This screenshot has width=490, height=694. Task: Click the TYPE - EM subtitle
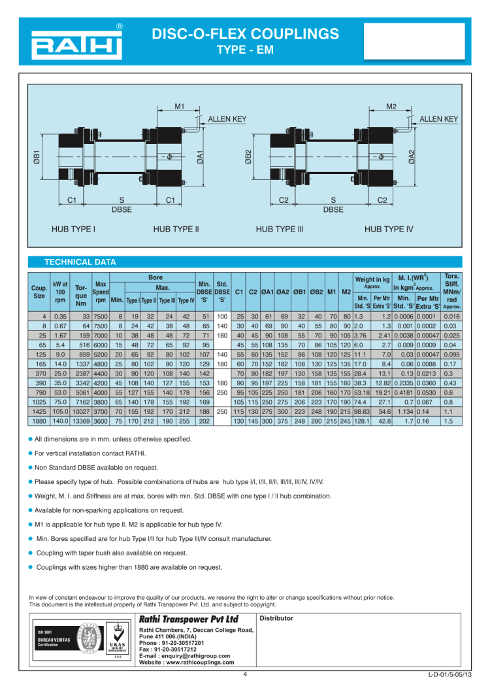240,49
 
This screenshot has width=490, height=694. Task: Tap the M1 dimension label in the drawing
180,106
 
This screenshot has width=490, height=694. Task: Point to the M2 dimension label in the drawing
391,106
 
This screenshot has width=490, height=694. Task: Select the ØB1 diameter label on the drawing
37,157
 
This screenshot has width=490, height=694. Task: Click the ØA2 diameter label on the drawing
411,157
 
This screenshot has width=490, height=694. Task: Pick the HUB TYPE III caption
280,230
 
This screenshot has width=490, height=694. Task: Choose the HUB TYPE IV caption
389,230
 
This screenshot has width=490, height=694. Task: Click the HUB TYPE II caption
176,230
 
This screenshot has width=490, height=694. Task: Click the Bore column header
155,277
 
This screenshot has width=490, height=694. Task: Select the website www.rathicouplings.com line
186,662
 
